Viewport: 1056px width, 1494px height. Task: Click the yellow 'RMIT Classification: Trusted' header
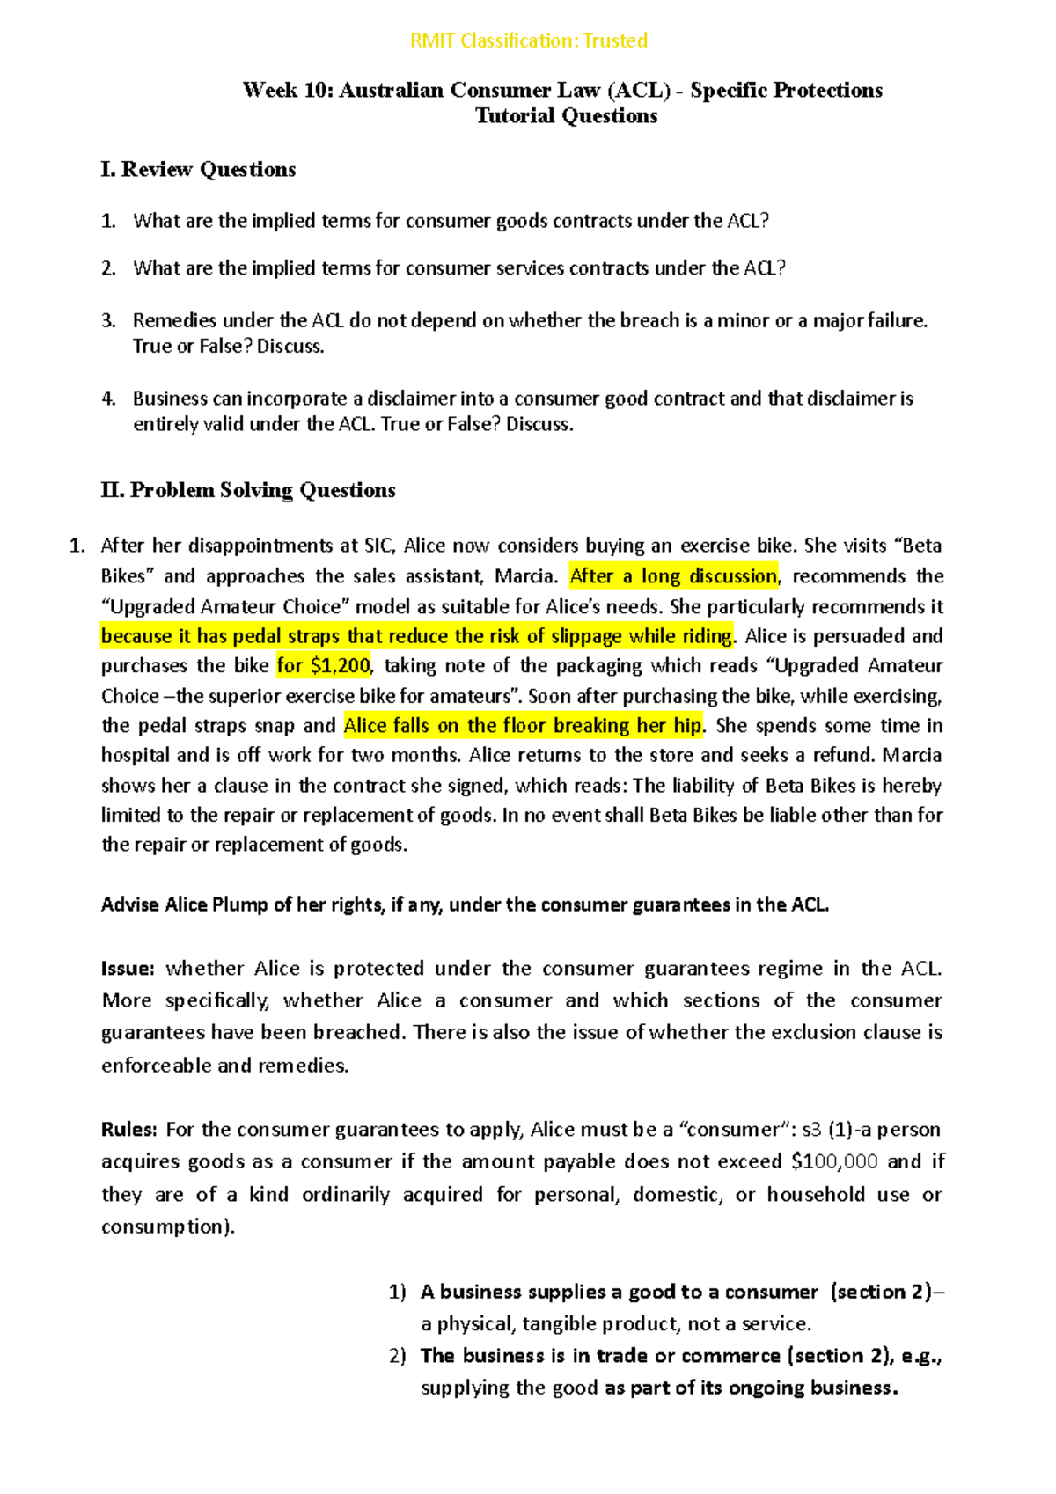[x=529, y=40]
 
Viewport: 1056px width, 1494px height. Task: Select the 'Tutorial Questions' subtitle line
[x=566, y=116]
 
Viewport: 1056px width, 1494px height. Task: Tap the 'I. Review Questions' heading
[x=198, y=169]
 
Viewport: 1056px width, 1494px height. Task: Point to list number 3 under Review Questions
[x=108, y=320]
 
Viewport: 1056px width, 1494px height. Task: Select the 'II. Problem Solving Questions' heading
[x=248, y=490]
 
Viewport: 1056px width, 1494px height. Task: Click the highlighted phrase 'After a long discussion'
[x=673, y=576]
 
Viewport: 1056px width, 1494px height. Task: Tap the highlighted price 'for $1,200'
[x=323, y=666]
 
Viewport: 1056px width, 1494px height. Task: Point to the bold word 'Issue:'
[x=128, y=969]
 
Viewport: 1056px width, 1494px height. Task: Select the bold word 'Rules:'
[x=129, y=1130]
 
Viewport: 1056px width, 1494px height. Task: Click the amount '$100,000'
[x=834, y=1161]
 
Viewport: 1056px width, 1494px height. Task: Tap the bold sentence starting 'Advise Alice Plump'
[x=465, y=904]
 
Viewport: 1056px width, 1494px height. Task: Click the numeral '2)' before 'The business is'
[x=397, y=1356]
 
